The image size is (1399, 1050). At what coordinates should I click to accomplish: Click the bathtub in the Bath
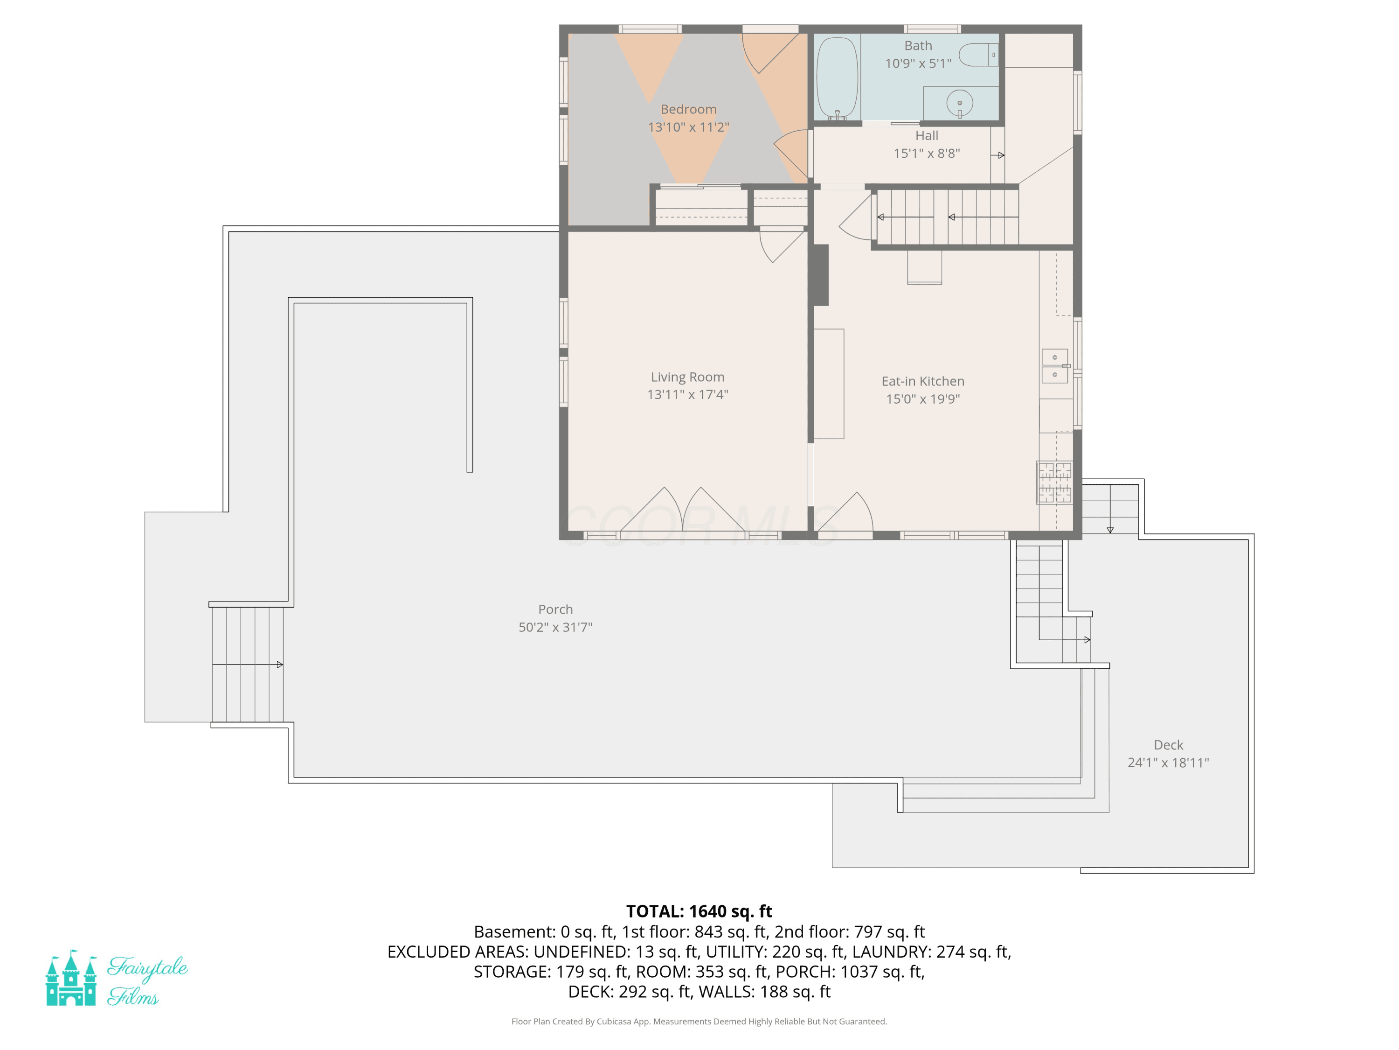click(x=837, y=78)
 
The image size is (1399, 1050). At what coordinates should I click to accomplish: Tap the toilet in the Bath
click(x=978, y=55)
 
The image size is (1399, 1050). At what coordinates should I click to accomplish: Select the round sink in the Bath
click(x=959, y=103)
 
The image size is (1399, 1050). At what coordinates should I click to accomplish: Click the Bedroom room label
click(x=688, y=110)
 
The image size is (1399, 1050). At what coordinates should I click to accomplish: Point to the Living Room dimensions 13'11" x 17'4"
click(x=687, y=394)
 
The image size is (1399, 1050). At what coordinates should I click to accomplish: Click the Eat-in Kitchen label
click(x=923, y=381)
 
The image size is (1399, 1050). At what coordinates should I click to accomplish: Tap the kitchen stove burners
click(x=1054, y=482)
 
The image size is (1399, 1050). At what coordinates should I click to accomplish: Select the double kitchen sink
click(x=1055, y=366)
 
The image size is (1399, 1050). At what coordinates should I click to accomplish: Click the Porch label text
click(x=555, y=609)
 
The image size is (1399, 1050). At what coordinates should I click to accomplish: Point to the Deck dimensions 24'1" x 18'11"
click(x=1168, y=763)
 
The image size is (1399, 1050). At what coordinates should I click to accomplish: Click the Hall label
click(x=927, y=135)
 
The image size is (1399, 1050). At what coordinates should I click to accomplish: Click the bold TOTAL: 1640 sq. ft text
click(x=699, y=911)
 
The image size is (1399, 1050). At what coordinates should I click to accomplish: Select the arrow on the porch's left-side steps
click(x=247, y=665)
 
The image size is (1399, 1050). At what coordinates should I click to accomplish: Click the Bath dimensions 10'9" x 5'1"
click(x=918, y=63)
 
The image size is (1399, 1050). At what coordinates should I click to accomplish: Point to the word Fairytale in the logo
click(x=147, y=968)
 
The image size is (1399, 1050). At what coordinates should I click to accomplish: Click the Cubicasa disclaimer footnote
click(x=699, y=1022)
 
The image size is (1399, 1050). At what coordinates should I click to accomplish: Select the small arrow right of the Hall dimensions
click(x=997, y=155)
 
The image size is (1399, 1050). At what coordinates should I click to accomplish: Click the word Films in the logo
click(x=133, y=997)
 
